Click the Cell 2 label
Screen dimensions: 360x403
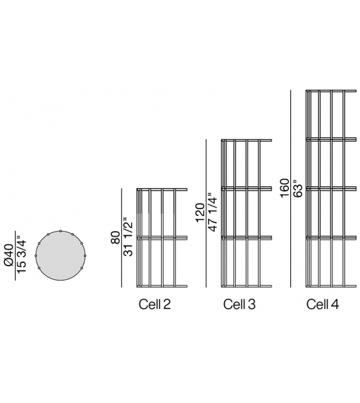(x=154, y=304)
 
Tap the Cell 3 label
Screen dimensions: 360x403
(x=240, y=304)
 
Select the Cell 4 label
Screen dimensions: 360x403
(x=322, y=304)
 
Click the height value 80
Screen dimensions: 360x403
(x=115, y=237)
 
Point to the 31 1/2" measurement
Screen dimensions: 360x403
(x=129, y=237)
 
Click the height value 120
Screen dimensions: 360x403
(x=200, y=213)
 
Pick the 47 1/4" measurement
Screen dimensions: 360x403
(x=213, y=212)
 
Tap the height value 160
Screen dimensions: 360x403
(x=285, y=188)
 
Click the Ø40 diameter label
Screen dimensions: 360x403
(x=9, y=255)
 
